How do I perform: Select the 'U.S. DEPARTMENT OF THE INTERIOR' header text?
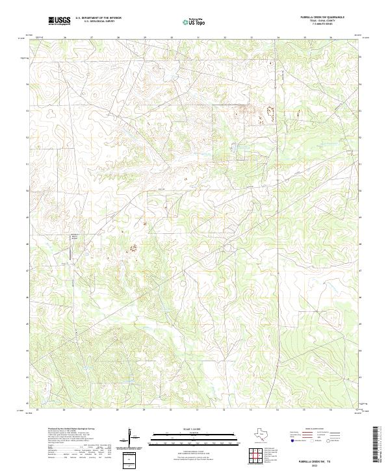tap(98, 18)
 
